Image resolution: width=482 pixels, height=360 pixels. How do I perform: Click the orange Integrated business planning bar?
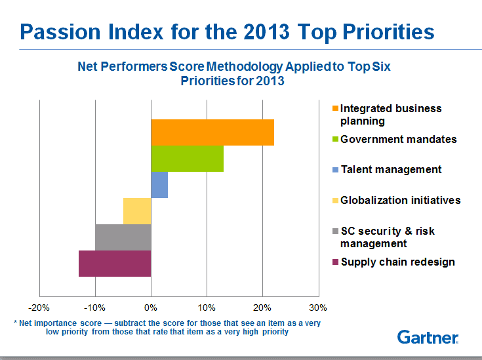[x=212, y=132]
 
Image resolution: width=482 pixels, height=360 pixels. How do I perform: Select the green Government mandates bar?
[x=188, y=159]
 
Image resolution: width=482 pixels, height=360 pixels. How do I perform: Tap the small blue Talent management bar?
[x=159, y=185]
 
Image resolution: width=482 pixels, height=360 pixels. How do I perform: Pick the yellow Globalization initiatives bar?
[x=137, y=211]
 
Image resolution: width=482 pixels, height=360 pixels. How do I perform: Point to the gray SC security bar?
[x=123, y=237]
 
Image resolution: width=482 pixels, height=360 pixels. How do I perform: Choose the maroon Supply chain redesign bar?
[x=115, y=264]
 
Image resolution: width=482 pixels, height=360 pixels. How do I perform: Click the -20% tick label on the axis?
[x=39, y=308]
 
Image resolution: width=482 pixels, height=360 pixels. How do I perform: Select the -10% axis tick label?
[x=95, y=308]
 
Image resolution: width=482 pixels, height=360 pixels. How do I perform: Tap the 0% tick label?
[x=151, y=308]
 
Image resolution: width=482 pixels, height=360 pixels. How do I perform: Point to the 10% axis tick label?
[x=207, y=308]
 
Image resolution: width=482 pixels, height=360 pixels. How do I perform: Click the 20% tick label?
[x=262, y=308]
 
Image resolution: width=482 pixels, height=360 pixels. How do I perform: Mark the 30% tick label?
[x=318, y=308]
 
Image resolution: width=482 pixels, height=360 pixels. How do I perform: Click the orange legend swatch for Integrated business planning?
[x=335, y=109]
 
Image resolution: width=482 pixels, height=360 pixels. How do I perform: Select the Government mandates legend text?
[x=398, y=139]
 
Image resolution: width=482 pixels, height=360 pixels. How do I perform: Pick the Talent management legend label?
[x=391, y=169]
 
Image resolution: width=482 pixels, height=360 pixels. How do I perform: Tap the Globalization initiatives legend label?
[x=400, y=200]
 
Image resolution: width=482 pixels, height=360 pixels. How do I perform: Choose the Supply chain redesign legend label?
[x=397, y=262]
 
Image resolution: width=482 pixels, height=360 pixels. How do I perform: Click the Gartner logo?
[x=428, y=338]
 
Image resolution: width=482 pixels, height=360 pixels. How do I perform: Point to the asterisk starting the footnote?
[x=15, y=323]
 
